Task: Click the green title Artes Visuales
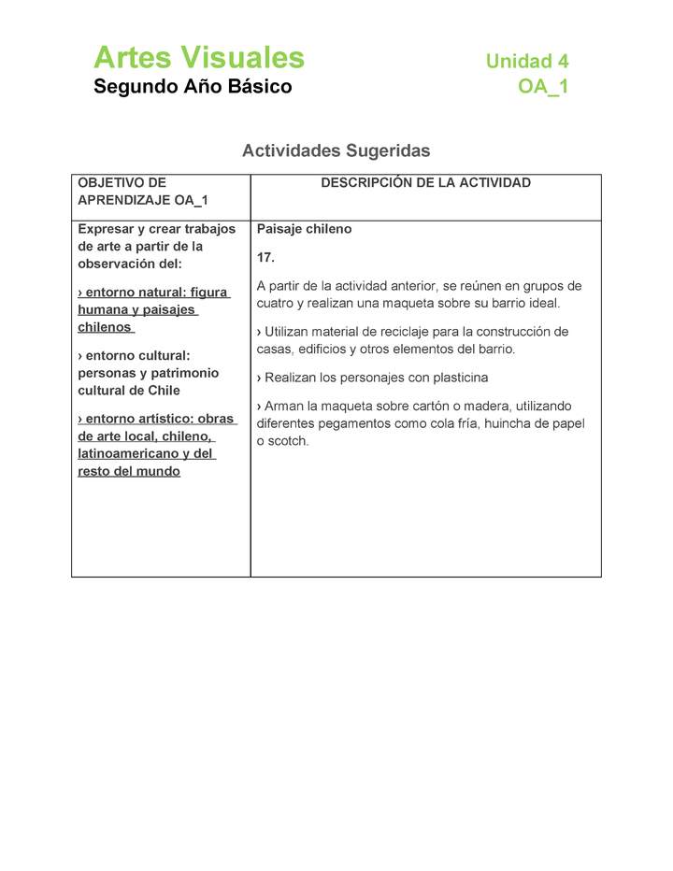(199, 58)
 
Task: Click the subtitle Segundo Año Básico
(193, 87)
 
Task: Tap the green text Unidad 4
(526, 62)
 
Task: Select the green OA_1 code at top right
(543, 87)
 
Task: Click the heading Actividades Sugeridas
(336, 150)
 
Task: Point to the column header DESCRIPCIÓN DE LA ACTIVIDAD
(425, 183)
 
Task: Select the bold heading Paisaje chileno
(304, 229)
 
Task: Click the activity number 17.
(265, 257)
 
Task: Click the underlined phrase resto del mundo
(129, 471)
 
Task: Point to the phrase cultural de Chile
(129, 391)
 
